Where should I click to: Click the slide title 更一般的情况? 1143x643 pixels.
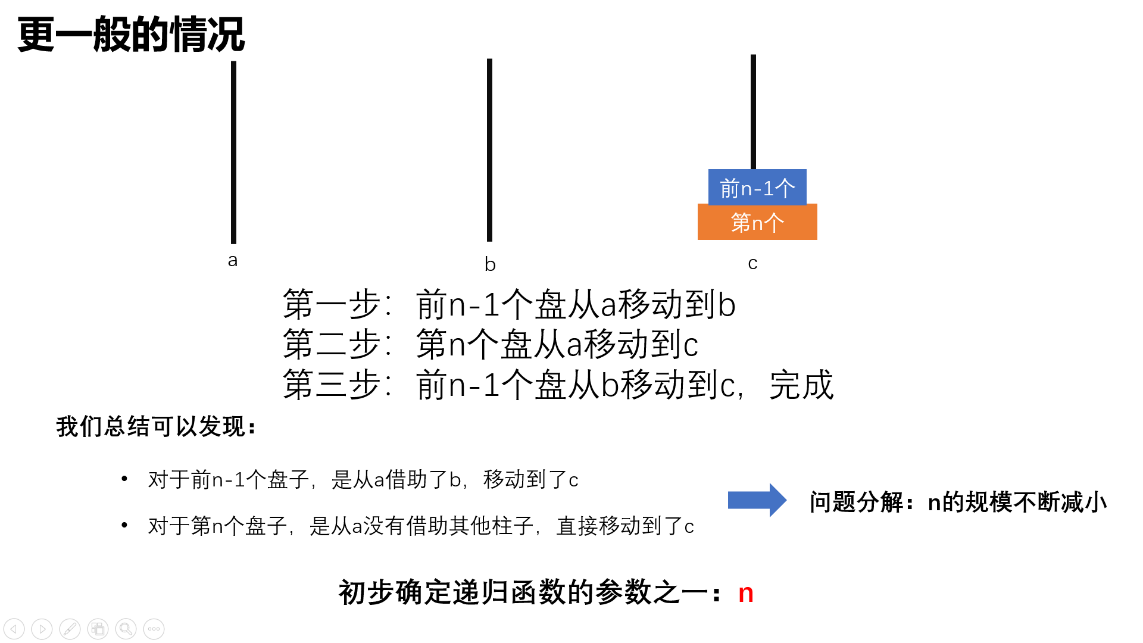pyautogui.click(x=131, y=35)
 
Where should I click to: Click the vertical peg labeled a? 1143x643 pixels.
pyautogui.click(x=233, y=152)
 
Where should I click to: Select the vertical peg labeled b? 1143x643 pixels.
pyautogui.click(x=489, y=150)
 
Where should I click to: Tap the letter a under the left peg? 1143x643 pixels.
pyautogui.click(x=233, y=260)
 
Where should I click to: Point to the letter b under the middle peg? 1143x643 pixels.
pyautogui.click(x=490, y=263)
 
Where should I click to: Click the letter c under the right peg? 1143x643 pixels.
pyautogui.click(x=752, y=263)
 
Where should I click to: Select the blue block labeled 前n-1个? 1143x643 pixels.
pyautogui.click(x=757, y=187)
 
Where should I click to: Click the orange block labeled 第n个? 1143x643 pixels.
pyautogui.click(x=757, y=222)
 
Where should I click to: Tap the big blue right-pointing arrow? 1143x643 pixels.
pyautogui.click(x=757, y=500)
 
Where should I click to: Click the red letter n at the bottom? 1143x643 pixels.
pyautogui.click(x=746, y=594)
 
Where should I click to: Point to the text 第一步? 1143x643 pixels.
pyautogui.click(x=332, y=304)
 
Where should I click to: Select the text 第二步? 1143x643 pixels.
pyautogui.click(x=332, y=344)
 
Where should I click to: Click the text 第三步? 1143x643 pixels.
pyautogui.click(x=332, y=385)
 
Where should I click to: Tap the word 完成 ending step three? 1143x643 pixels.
pyautogui.click(x=801, y=385)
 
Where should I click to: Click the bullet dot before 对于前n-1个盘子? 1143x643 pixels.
pyautogui.click(x=124, y=478)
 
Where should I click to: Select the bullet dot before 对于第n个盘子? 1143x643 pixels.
pyautogui.click(x=124, y=525)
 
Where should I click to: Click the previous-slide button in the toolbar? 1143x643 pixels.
pyautogui.click(x=14, y=629)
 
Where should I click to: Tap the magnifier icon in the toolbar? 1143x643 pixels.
pyautogui.click(x=126, y=629)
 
